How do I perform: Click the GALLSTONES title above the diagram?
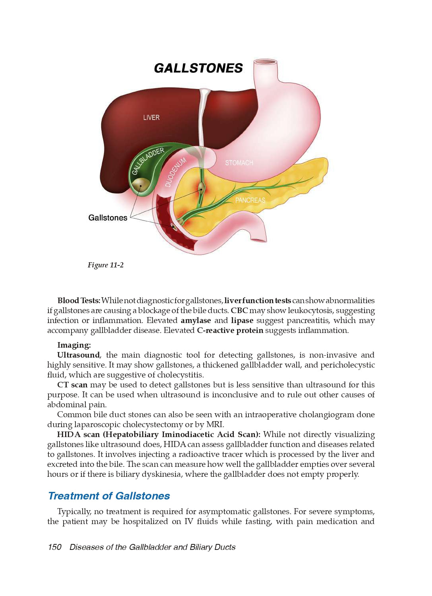pyautogui.click(x=198, y=68)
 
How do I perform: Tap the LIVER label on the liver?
pyautogui.click(x=151, y=118)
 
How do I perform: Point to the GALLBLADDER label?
pyautogui.click(x=148, y=161)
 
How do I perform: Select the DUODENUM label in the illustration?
pyautogui.click(x=175, y=172)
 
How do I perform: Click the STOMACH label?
pyautogui.click(x=239, y=163)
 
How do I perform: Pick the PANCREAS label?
pyautogui.click(x=250, y=200)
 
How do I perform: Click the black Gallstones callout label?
pyautogui.click(x=108, y=218)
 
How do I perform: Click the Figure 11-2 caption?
pyautogui.click(x=106, y=265)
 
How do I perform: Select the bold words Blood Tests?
pyautogui.click(x=79, y=301)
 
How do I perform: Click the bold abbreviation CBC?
pyautogui.click(x=239, y=311)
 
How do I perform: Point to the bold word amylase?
pyautogui.click(x=196, y=321)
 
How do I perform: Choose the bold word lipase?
pyautogui.click(x=242, y=321)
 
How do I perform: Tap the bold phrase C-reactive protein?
pyautogui.click(x=230, y=331)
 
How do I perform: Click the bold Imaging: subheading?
pyautogui.click(x=74, y=345)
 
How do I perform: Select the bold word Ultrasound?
pyautogui.click(x=78, y=355)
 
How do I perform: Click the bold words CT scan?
pyautogui.click(x=72, y=385)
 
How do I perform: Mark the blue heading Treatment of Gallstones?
pyautogui.click(x=109, y=496)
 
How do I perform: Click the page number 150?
pyautogui.click(x=55, y=547)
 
